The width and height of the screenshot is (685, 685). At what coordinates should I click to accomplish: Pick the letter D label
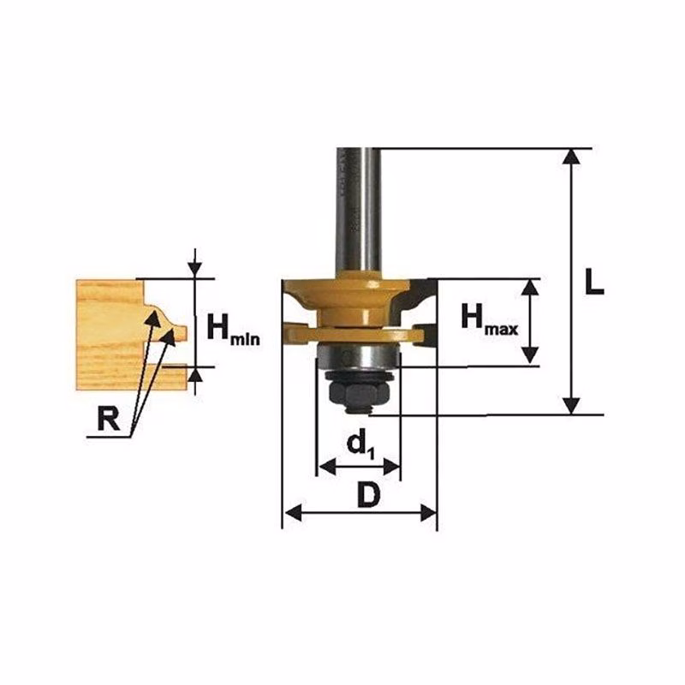click(x=368, y=495)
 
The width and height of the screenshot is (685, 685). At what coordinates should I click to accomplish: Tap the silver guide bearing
click(x=357, y=356)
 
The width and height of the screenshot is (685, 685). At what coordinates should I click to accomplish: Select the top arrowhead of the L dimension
click(x=571, y=157)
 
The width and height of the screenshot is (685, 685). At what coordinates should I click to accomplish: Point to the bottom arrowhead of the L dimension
click(x=571, y=405)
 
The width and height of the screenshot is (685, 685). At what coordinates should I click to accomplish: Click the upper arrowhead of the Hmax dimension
click(x=530, y=288)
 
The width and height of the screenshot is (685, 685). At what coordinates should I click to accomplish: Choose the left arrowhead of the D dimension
click(x=293, y=512)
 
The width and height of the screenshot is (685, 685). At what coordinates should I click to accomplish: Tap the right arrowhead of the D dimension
click(x=428, y=512)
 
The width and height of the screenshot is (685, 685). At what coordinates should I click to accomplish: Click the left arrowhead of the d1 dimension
click(x=328, y=467)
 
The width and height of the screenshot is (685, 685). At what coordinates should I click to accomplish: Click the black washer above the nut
click(x=358, y=374)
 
